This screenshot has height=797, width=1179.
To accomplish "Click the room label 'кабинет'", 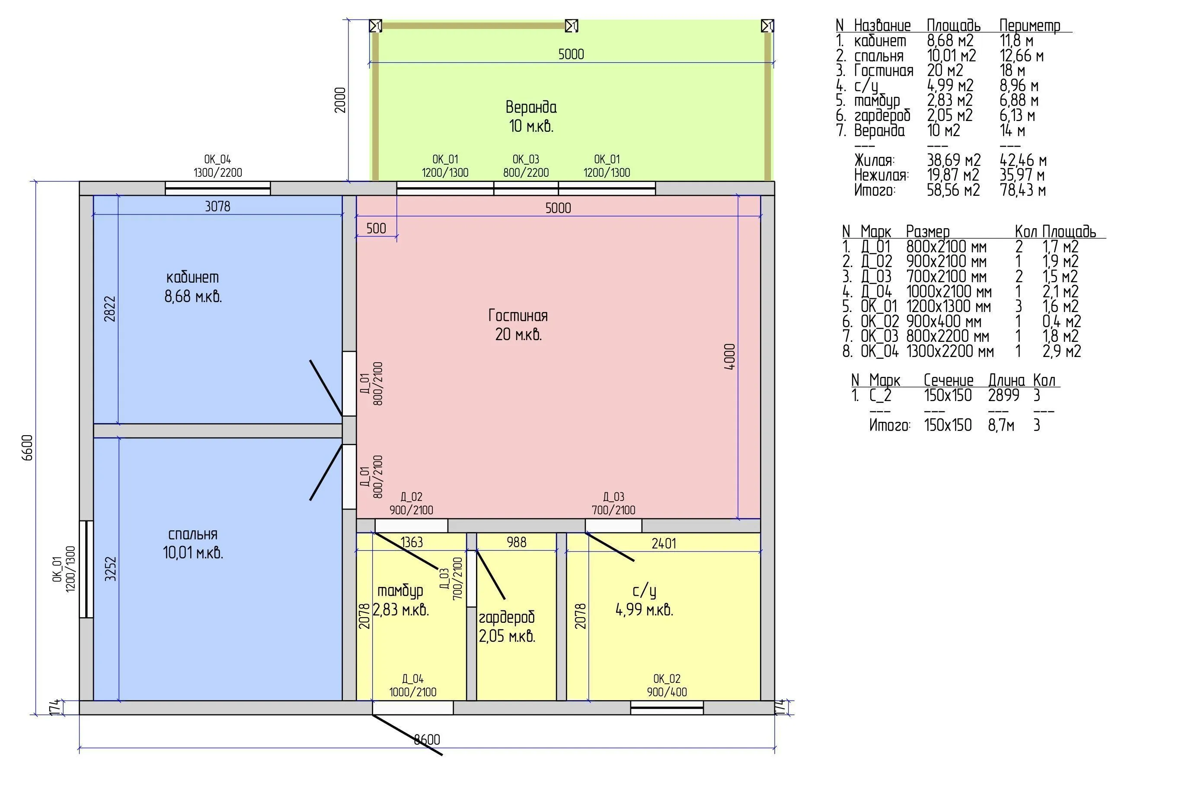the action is coord(193,277).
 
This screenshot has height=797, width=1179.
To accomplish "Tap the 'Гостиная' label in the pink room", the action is coord(518,316).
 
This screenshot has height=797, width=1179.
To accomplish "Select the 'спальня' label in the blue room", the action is coord(193,534).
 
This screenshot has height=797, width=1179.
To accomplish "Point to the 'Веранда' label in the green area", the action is coord(531,107).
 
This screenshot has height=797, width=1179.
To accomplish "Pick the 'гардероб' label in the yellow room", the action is coord(507,617).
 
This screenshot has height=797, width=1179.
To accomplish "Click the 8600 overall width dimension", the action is coord(427,740).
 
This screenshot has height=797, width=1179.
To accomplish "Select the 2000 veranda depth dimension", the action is coord(340,100).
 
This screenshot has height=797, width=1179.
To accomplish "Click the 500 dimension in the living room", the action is coord(376,228).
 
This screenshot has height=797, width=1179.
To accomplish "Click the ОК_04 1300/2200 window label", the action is coord(217,166).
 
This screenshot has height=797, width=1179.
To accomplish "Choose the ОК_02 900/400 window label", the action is coord(667,685).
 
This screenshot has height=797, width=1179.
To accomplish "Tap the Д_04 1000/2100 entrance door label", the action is coord(412,685).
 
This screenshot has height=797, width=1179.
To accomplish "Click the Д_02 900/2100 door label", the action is coord(412,503).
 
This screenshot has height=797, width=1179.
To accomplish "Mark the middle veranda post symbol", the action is coord(572,26).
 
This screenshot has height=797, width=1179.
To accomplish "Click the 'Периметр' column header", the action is coord(1030,26).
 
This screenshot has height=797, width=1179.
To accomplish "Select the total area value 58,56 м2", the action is coord(953,190).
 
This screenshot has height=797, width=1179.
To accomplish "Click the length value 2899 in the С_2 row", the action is coord(1003,395).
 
